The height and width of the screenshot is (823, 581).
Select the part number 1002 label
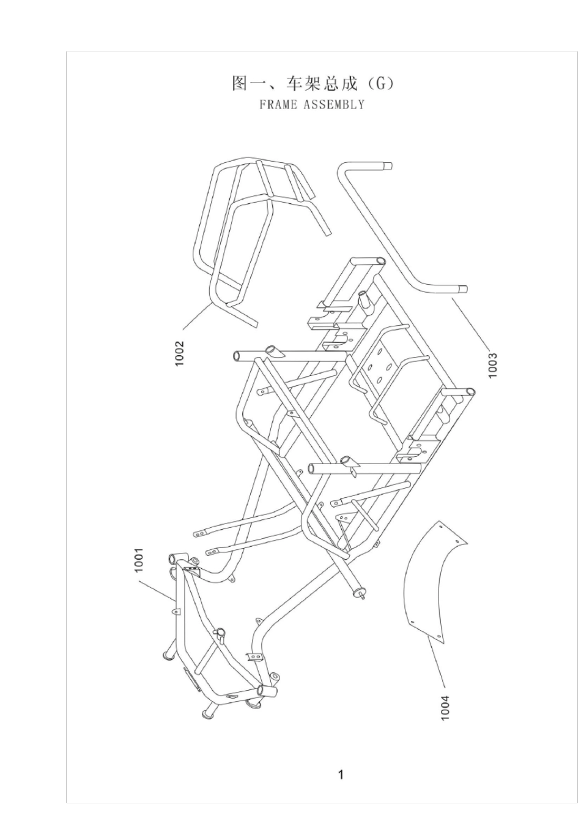point(179,353)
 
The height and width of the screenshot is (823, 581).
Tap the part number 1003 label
point(492,365)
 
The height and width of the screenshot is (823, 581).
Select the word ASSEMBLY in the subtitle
point(334,105)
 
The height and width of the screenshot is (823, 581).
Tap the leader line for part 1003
point(470,323)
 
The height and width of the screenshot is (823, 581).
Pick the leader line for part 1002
point(197,315)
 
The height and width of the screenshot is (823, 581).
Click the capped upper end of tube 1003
point(388,166)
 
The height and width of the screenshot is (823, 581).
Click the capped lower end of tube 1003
point(463,290)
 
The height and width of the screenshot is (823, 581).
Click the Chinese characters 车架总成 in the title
point(322,84)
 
